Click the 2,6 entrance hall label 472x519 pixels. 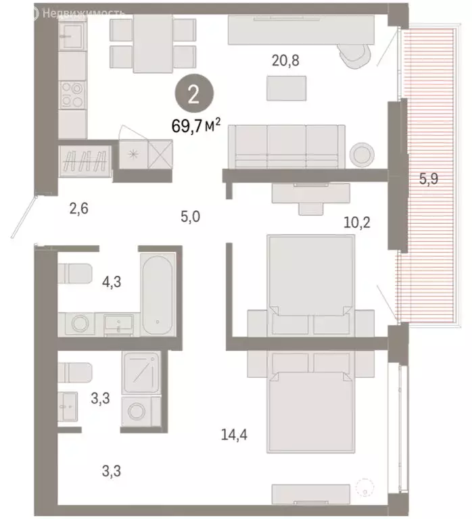(78, 208)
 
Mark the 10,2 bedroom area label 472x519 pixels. (358, 221)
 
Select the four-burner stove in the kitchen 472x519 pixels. (72, 95)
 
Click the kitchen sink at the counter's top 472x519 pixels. (71, 32)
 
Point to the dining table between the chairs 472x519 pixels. (153, 43)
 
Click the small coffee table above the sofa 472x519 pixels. (287, 86)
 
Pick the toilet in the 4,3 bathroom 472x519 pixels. (74, 274)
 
